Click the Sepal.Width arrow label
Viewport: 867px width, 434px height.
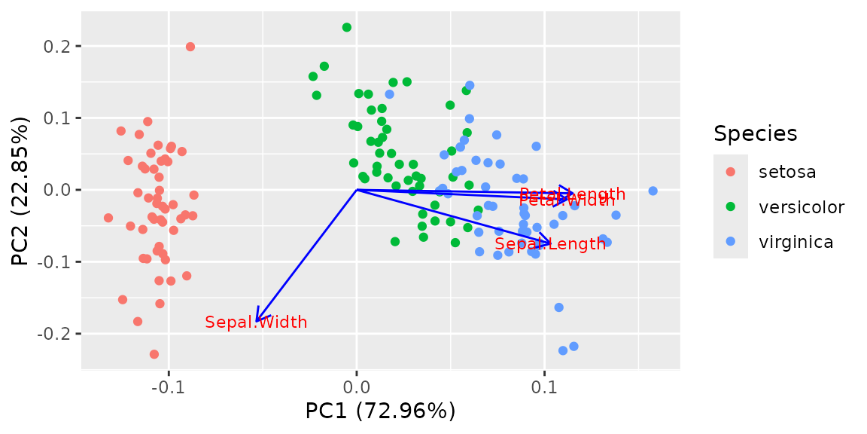[256, 322]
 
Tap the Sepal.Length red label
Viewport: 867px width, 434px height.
[550, 244]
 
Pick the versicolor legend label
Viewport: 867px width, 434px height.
[802, 207]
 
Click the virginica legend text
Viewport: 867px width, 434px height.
[796, 242]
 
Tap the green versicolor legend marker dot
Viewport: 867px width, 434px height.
[731, 207]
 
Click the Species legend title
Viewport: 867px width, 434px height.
[756, 134]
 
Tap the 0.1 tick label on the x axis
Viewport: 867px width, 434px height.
[544, 387]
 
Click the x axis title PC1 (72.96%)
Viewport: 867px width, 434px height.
[380, 411]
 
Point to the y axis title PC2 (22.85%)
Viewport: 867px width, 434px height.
[21, 190]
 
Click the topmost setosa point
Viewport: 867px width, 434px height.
[190, 47]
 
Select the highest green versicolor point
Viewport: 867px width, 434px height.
[347, 27]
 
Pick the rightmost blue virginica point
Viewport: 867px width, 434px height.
[653, 191]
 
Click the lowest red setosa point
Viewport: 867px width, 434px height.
[154, 354]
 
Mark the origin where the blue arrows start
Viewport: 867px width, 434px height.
[357, 190]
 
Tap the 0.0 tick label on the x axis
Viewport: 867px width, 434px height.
[356, 387]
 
